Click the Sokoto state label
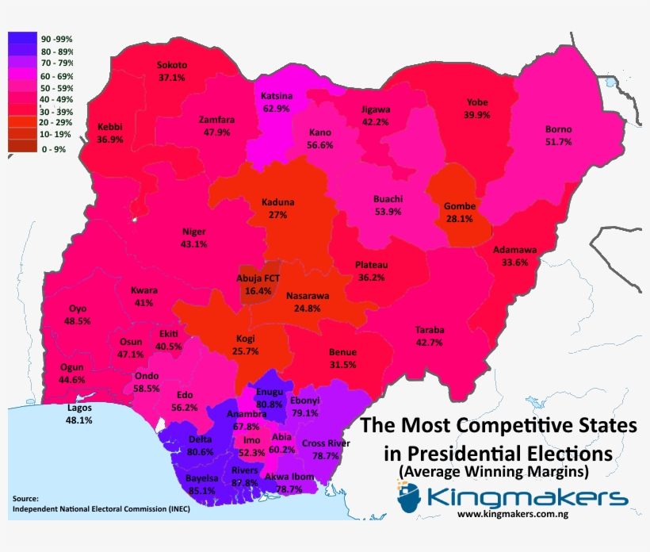tap(172, 65)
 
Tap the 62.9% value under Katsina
tap(276, 108)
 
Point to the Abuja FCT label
tap(259, 278)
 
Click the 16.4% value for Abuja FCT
tap(259, 291)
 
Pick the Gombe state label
tap(459, 205)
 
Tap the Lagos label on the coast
tap(79, 408)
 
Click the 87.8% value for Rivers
tap(245, 482)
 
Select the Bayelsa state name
tap(201, 478)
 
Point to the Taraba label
tap(430, 329)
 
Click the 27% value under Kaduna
tap(277, 215)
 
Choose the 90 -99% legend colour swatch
tap(22, 37)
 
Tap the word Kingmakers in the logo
tap(527, 498)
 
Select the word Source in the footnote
tap(27, 498)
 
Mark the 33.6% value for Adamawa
tap(514, 263)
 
